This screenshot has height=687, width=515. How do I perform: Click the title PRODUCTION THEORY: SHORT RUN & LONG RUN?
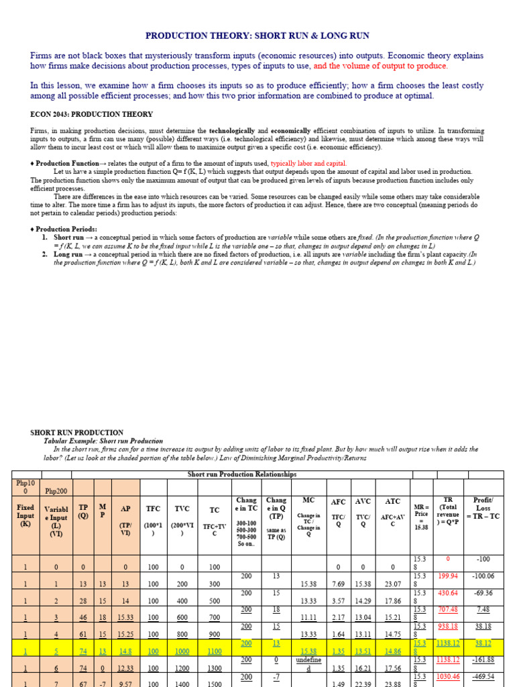(x=257, y=36)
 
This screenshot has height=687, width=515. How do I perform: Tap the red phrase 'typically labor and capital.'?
(x=308, y=163)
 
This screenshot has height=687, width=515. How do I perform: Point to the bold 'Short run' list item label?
(x=68, y=237)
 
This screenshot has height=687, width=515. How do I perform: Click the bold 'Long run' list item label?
(x=68, y=254)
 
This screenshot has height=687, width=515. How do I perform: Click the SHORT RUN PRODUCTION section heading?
(x=77, y=433)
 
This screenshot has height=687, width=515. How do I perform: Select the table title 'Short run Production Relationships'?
(x=241, y=474)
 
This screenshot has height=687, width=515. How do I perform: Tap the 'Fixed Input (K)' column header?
(x=25, y=516)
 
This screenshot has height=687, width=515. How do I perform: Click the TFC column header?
(x=154, y=509)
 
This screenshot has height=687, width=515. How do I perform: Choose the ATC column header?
(x=392, y=501)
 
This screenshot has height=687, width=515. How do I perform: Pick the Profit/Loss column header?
(x=483, y=508)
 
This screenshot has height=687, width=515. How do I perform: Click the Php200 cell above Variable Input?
(x=56, y=490)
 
